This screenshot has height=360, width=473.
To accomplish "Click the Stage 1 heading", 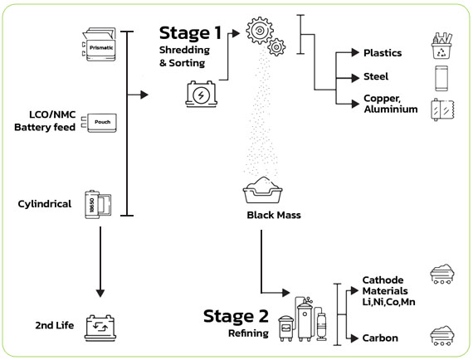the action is tap(190, 33).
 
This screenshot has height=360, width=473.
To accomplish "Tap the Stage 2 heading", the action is tap(236, 316).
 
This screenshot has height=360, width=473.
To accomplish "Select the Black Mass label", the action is tap(274, 215).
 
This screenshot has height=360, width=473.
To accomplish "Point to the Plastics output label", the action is tap(383, 53).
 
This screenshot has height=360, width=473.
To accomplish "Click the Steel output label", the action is tap(376, 76).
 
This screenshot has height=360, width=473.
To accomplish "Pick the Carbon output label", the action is tap(380, 338).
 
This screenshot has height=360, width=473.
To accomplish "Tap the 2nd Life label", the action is tap(55, 325).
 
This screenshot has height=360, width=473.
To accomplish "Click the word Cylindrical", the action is tap(45, 204).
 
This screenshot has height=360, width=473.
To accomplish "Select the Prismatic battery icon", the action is tap(99, 44).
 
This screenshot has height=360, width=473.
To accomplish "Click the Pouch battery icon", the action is tap(100, 123).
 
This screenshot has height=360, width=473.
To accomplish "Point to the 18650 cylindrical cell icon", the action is tap(98, 204).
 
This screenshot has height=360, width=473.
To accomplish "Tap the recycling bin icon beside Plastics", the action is tap(441, 46).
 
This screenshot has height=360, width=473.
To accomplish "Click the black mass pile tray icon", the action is tap(263, 190).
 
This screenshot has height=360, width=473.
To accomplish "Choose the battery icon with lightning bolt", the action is tap(201, 94).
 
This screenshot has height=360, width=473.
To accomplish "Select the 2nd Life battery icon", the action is tap(100, 328).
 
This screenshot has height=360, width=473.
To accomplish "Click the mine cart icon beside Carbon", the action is tap(442, 335).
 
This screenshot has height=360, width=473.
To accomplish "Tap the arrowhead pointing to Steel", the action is tap(355, 79).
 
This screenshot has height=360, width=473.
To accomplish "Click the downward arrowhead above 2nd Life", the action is tap(100, 294).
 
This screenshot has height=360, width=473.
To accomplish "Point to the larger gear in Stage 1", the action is tap(260, 31).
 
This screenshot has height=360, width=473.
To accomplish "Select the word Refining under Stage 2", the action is tap(248, 333).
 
